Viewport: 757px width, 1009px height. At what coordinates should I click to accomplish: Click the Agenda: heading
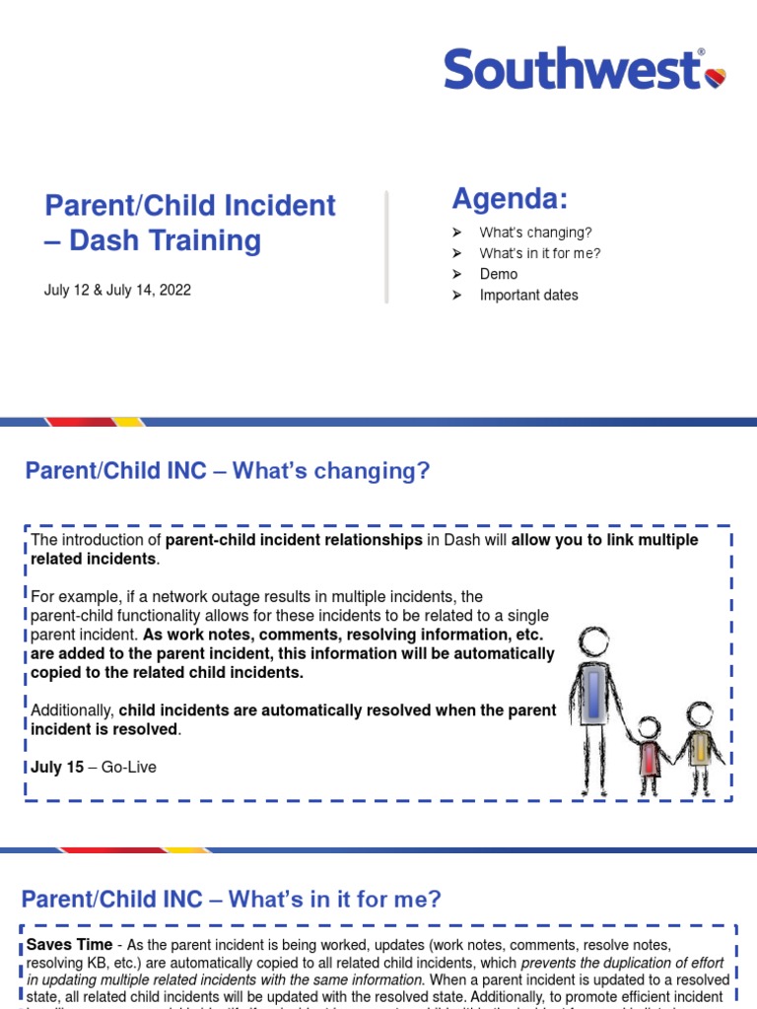click(510, 199)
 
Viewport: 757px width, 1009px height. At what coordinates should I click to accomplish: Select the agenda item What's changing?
click(535, 233)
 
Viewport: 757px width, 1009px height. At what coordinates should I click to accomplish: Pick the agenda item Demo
click(499, 274)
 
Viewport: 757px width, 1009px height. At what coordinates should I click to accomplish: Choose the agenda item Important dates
click(528, 295)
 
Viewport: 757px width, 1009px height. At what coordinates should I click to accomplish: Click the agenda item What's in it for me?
click(540, 253)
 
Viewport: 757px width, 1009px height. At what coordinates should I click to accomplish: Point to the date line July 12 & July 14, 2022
click(117, 290)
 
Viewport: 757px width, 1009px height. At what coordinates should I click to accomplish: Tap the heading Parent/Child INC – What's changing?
click(228, 471)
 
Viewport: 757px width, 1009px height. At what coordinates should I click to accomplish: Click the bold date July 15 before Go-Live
click(57, 768)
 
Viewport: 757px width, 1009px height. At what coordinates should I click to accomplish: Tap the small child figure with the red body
click(649, 754)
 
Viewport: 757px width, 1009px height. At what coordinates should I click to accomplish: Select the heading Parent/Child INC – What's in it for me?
click(231, 899)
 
